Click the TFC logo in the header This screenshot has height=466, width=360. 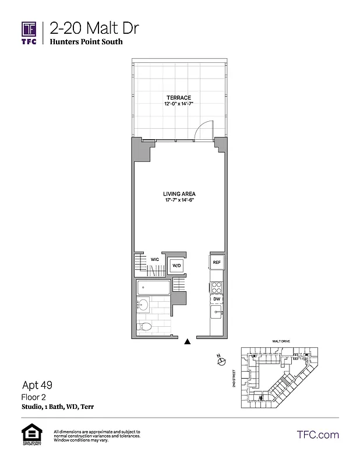(29, 33)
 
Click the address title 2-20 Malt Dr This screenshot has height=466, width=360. (94, 27)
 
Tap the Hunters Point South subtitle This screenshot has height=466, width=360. (86, 42)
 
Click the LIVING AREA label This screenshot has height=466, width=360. (179, 194)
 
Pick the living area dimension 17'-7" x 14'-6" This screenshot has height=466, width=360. (179, 201)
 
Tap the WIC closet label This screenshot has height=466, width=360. (155, 259)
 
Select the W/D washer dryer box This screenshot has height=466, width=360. (177, 266)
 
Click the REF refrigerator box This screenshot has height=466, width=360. (216, 262)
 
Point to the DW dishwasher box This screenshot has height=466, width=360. (216, 299)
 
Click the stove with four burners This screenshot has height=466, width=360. (216, 287)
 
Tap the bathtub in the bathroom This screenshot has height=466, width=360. (153, 288)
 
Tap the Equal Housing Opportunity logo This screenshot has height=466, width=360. (29, 435)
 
